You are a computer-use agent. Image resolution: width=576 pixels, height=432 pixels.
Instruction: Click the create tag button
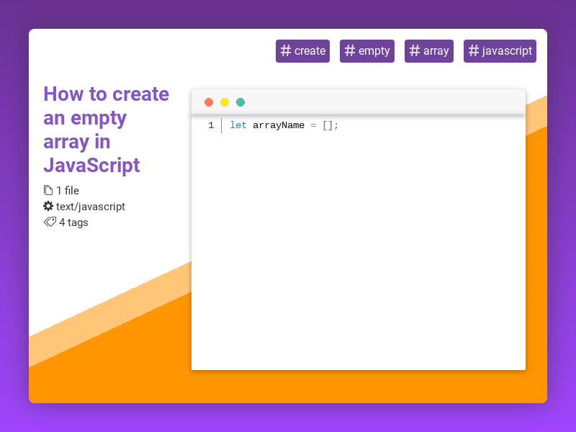302,51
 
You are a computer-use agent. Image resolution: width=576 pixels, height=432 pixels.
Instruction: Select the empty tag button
367,51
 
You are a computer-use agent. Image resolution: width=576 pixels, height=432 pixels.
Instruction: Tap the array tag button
429,51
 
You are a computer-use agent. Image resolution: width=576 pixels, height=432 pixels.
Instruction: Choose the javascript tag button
500,51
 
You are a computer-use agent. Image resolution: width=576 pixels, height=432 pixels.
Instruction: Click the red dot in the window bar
209,102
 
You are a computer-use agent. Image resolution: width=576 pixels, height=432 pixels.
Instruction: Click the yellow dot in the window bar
225,102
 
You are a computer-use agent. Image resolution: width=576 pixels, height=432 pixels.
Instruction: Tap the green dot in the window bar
240,102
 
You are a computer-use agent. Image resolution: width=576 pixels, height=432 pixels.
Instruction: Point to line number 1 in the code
211,125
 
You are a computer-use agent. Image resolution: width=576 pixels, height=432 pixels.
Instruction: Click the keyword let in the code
238,125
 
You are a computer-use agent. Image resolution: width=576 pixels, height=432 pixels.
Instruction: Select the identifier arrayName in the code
279,125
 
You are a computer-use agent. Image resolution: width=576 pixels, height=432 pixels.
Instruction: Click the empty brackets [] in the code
328,125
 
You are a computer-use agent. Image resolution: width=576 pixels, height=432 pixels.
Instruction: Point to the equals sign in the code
313,125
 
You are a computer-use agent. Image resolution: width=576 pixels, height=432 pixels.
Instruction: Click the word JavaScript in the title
91,166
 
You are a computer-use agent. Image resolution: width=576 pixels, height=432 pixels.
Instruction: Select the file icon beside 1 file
48,190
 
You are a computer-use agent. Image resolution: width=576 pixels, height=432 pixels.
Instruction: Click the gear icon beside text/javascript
48,206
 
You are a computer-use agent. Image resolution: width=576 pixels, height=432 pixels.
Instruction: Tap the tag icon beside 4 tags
50,222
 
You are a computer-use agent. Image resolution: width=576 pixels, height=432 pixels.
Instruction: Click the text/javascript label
91,207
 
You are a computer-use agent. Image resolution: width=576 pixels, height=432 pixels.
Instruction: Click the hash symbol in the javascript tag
474,51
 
